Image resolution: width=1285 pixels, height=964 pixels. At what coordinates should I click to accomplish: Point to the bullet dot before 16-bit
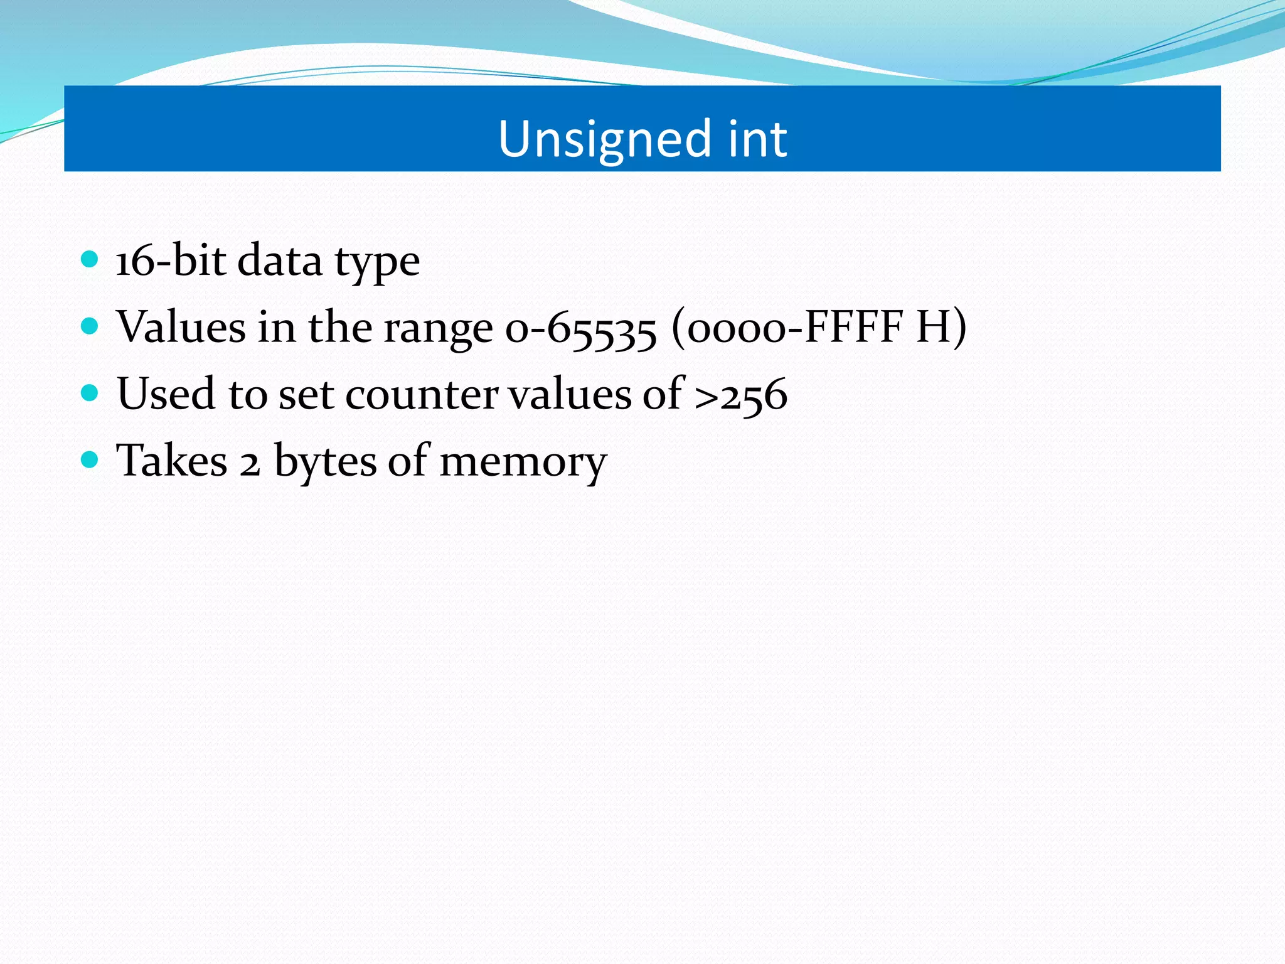pos(90,259)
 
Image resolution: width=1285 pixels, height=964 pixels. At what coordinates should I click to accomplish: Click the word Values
pos(181,327)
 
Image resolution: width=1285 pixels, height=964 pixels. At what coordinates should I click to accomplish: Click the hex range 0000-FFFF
pos(794,328)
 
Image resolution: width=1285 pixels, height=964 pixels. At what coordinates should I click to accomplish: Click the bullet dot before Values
pos(90,326)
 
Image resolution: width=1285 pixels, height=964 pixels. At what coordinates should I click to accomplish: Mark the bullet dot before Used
pos(90,394)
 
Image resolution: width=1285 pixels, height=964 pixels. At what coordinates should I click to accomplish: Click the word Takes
pos(172,461)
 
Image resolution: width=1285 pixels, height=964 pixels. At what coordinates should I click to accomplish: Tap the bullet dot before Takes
pos(90,460)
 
